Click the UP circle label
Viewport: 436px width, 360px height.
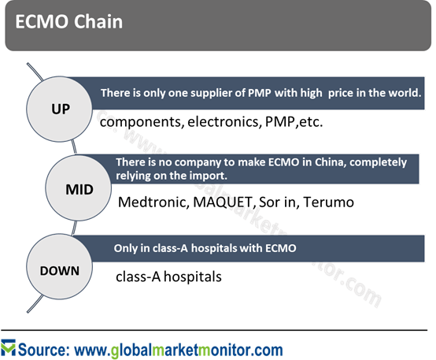tap(61, 109)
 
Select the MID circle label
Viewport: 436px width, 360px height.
tap(79, 190)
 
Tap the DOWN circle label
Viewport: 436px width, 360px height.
tap(60, 271)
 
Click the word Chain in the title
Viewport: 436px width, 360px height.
tap(98, 21)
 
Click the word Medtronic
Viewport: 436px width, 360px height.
tap(153, 202)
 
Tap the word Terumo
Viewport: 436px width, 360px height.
tap(328, 202)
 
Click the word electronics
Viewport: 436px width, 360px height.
tap(224, 121)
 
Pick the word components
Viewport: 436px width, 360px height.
tap(142, 122)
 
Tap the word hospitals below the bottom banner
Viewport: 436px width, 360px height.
tap(193, 276)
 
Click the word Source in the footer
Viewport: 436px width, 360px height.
tap(43, 350)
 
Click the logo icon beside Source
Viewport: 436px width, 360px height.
tap(8, 347)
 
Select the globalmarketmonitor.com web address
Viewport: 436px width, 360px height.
tap(179, 350)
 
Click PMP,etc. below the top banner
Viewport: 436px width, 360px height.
tap(294, 121)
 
